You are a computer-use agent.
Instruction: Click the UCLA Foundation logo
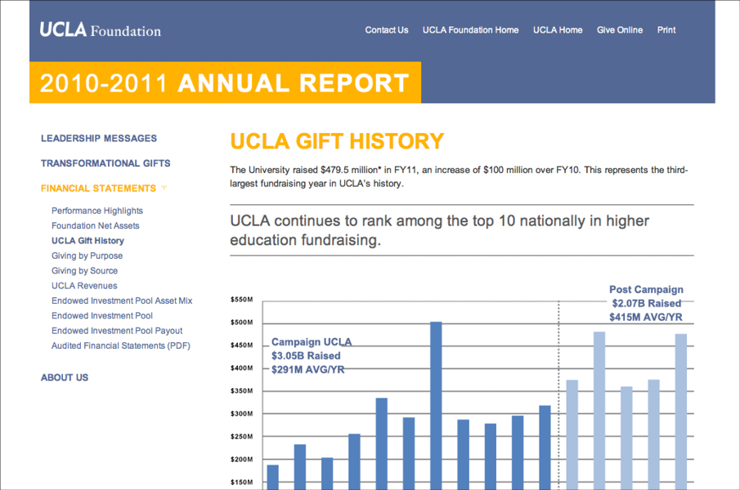100,30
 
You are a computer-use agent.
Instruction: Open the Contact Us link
386,30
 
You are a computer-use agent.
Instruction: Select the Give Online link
619,30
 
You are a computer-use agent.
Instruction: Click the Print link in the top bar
666,30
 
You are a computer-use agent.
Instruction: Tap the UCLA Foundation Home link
470,30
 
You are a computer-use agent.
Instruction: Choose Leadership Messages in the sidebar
99,139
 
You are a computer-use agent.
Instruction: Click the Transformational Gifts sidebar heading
105,163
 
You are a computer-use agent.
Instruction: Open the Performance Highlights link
97,211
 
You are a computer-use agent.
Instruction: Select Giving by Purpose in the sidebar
87,256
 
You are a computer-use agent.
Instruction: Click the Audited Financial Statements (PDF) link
120,345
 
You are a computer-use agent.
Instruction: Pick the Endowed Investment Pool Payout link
117,331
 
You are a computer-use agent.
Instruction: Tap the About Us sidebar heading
65,377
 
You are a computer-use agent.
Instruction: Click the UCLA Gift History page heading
337,141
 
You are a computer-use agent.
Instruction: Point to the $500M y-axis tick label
242,323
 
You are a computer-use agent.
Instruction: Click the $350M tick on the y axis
242,391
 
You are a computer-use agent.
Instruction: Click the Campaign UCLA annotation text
312,355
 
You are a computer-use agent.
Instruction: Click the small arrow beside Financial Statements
164,188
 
